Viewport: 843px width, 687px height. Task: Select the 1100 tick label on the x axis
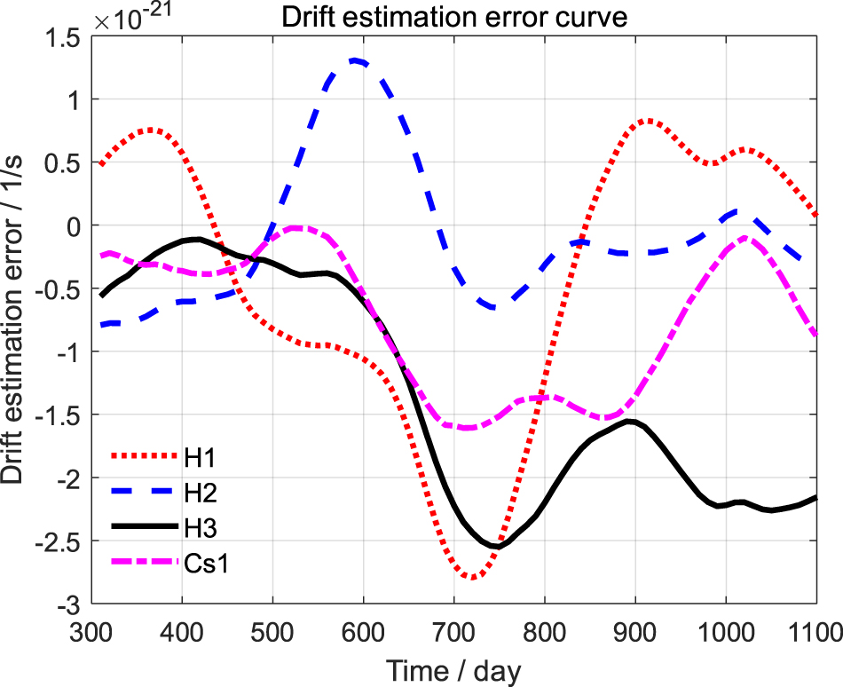tap(815, 632)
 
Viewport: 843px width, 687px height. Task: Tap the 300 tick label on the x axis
tap(91, 632)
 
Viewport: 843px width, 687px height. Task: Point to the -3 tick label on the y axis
tap(70, 605)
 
